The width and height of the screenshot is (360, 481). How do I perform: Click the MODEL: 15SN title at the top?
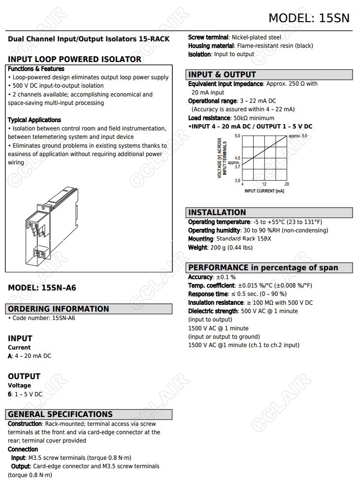309,18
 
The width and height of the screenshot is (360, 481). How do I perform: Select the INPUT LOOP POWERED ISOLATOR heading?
74,59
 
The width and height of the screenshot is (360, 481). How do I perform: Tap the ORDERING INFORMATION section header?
59,309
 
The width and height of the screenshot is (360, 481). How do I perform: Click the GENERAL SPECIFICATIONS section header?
60,414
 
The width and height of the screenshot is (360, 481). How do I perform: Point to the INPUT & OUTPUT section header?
222,74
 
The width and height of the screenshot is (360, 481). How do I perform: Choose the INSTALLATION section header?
217,212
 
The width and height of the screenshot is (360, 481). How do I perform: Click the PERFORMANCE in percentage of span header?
263,267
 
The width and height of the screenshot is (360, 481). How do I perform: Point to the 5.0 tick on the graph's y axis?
237,136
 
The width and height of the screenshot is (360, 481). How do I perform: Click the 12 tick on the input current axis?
264,184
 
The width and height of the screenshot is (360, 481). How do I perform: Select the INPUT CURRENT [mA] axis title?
264,191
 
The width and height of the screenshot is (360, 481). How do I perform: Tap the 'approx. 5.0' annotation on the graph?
297,136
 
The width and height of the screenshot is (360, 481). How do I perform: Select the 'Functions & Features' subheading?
36,69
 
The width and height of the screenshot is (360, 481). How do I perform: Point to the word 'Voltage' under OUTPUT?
19,385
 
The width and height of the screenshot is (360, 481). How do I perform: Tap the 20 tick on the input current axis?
287,184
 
